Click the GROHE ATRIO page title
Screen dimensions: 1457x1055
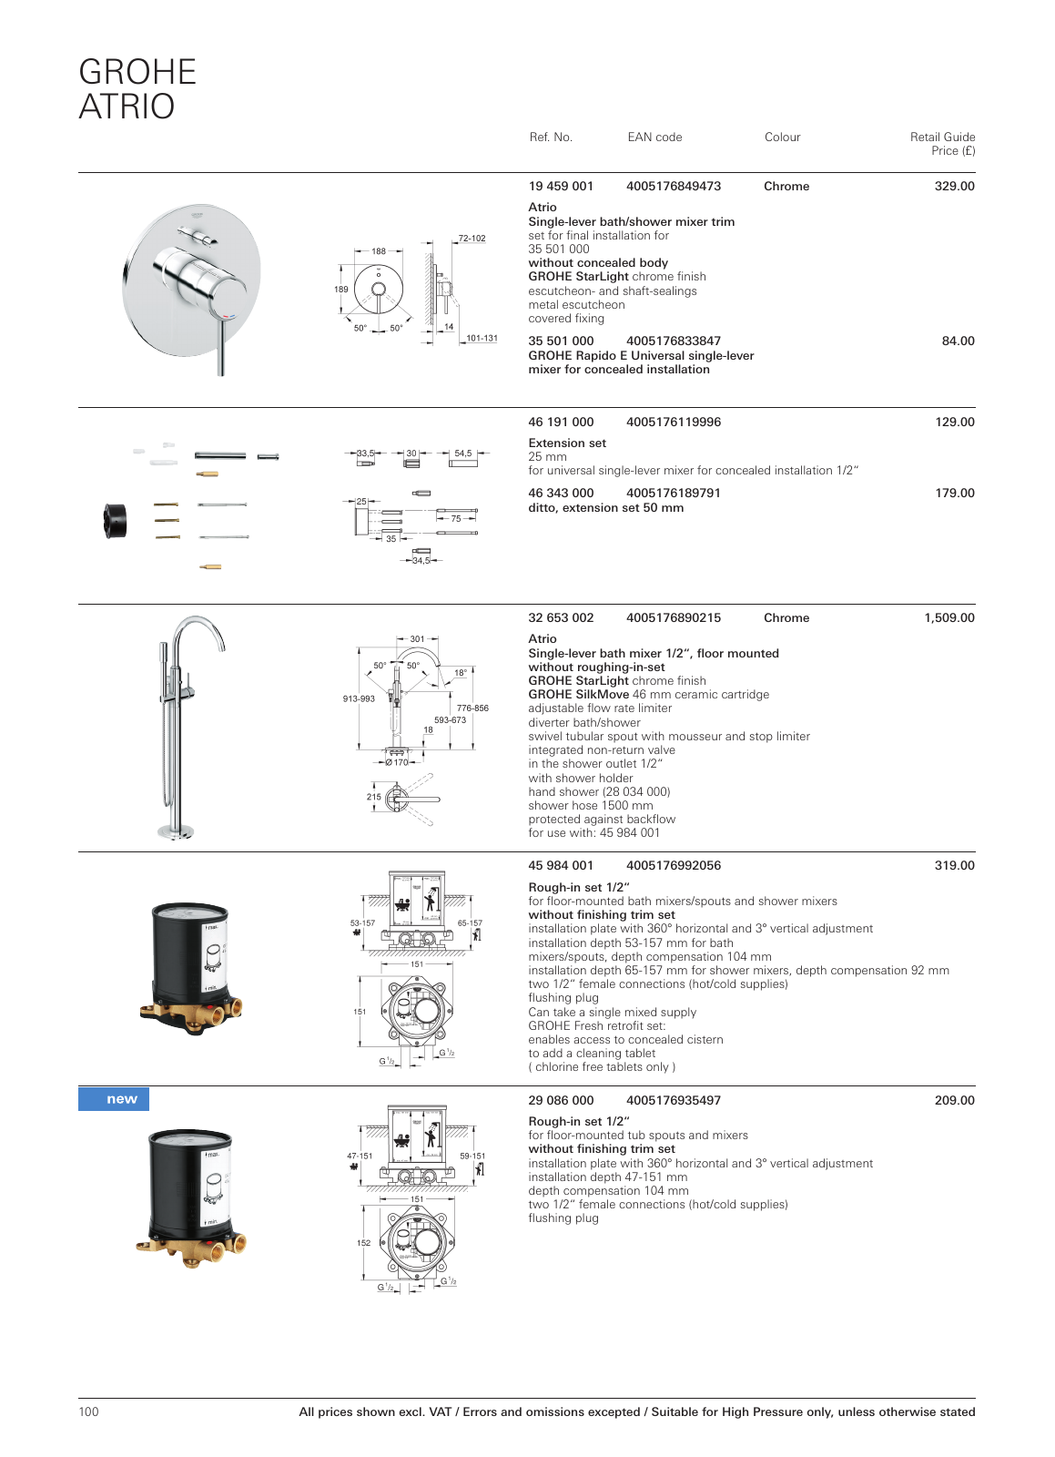click(x=137, y=89)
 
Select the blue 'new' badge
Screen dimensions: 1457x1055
click(x=114, y=1099)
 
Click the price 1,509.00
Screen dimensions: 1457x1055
click(x=948, y=618)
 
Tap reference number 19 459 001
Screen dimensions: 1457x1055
click(x=561, y=187)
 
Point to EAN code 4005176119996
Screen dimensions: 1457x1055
click(x=673, y=423)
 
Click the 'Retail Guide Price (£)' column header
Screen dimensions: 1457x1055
click(x=942, y=144)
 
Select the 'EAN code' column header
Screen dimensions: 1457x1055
click(x=654, y=138)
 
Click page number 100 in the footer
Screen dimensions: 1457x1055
click(x=89, y=1412)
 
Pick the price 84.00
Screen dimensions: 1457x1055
click(x=958, y=341)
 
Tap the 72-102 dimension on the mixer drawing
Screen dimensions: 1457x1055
click(x=472, y=239)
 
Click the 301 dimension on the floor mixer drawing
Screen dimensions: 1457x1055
click(x=417, y=639)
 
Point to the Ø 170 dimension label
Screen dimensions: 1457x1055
click(x=397, y=762)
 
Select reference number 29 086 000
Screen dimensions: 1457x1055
click(x=561, y=1101)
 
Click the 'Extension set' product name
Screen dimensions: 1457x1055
click(x=567, y=443)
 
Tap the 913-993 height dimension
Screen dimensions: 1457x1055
click(x=359, y=699)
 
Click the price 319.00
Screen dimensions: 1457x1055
click(x=954, y=866)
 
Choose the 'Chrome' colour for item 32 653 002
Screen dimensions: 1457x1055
click(x=786, y=618)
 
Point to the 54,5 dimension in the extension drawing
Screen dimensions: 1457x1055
click(x=463, y=453)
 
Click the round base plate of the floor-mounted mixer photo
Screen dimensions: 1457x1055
click(x=176, y=831)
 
